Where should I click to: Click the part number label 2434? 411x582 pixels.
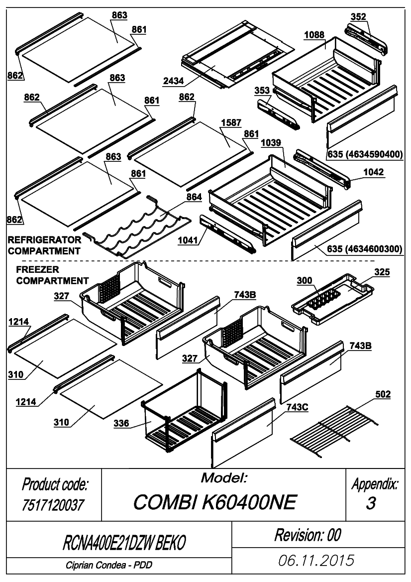(x=174, y=81)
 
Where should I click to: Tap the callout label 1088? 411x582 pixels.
(x=314, y=35)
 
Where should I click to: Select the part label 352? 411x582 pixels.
(x=358, y=17)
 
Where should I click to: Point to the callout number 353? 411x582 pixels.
(x=262, y=91)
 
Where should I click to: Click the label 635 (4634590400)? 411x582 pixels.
(x=365, y=154)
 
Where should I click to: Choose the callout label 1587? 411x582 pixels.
(x=231, y=122)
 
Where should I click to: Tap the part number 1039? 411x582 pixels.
(x=271, y=143)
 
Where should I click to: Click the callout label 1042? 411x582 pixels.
(x=374, y=172)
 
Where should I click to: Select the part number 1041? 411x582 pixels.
(x=188, y=240)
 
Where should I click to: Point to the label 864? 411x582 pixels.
(x=194, y=197)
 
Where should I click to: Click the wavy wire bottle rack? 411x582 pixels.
(x=137, y=227)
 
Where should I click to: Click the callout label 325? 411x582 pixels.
(x=382, y=272)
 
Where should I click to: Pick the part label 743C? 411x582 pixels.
(x=297, y=408)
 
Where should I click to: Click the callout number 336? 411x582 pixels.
(x=121, y=423)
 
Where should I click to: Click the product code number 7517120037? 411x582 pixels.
(x=53, y=505)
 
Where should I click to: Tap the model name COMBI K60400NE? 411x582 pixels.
(x=215, y=502)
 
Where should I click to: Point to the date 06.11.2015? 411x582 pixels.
(x=316, y=561)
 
